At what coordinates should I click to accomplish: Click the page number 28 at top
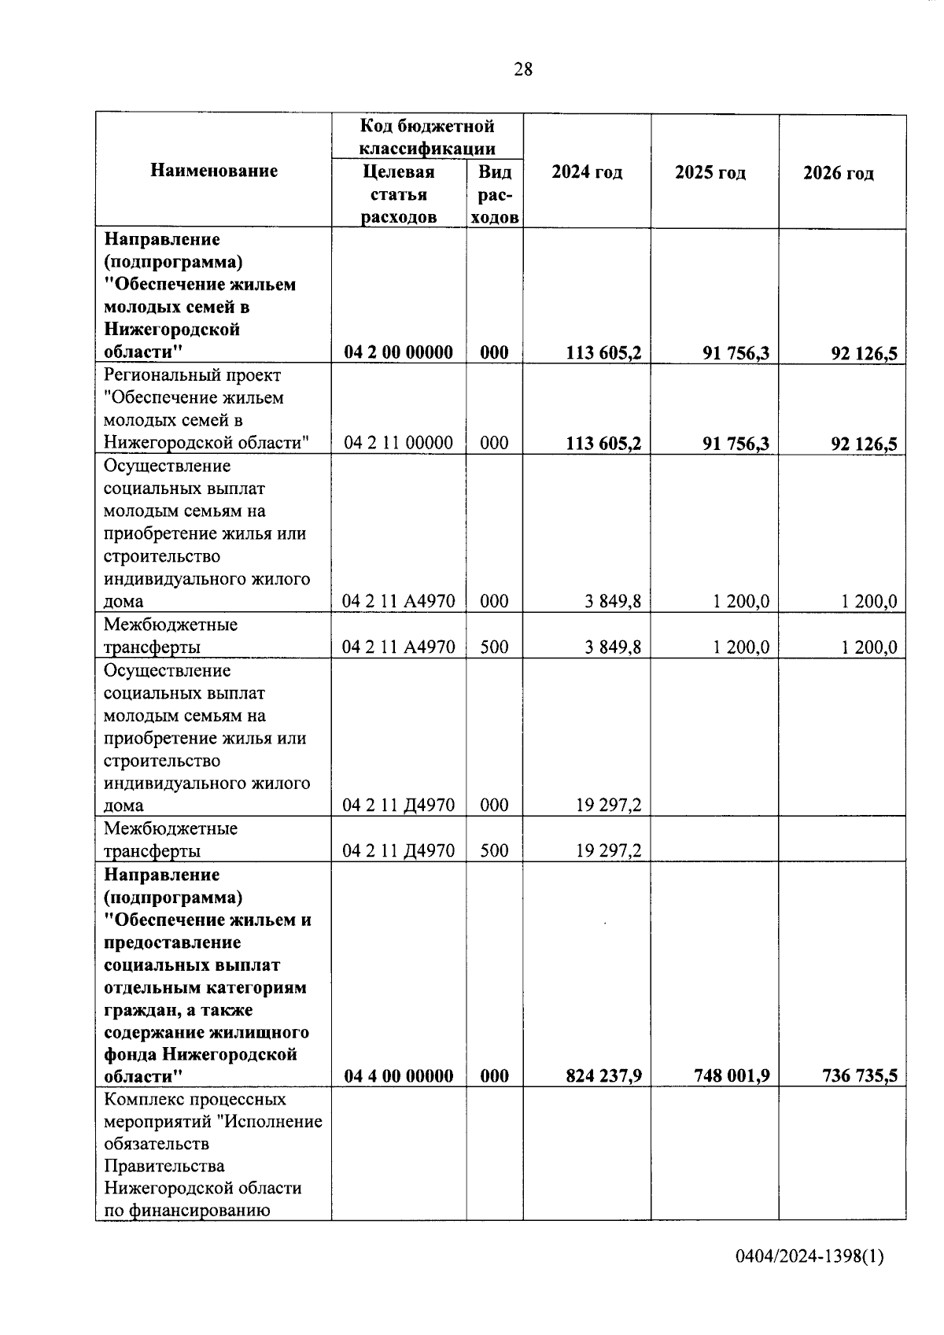click(522, 70)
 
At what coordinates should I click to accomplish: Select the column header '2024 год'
click(587, 172)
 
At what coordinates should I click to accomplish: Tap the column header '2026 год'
click(839, 173)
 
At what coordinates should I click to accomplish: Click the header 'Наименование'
click(214, 171)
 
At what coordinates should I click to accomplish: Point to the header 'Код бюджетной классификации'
click(427, 137)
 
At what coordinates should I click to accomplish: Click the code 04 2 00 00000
click(398, 352)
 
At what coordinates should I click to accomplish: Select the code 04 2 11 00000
click(398, 443)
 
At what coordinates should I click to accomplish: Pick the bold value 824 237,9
click(603, 1075)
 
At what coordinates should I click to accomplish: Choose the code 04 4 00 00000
click(398, 1075)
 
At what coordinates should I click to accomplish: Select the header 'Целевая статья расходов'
click(399, 194)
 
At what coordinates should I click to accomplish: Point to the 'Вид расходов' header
click(495, 194)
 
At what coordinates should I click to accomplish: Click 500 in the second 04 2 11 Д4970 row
click(494, 850)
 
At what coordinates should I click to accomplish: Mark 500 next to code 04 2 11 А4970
click(494, 647)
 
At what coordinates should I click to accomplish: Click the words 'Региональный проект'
click(192, 375)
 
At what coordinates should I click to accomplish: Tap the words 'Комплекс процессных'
click(194, 1099)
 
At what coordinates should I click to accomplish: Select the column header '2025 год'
click(710, 172)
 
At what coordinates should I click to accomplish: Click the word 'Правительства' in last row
click(164, 1166)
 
